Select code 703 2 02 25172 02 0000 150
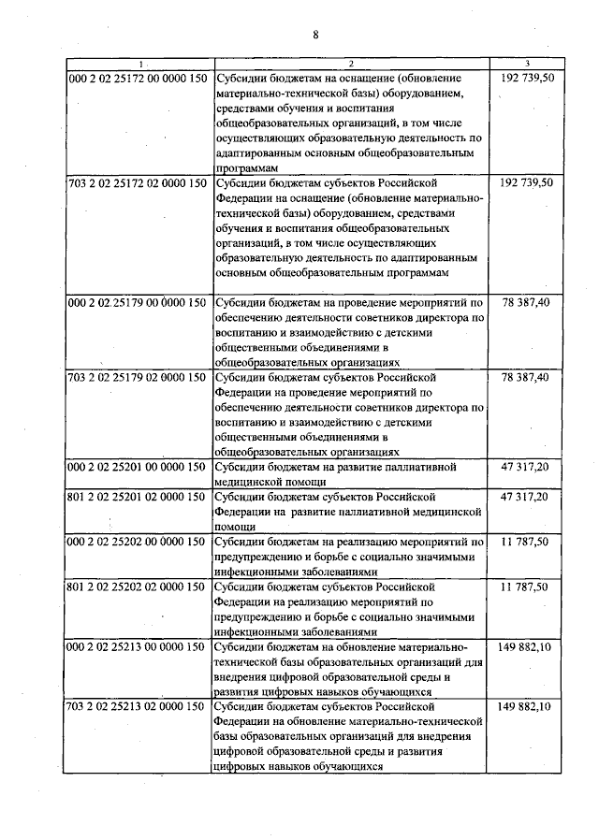click(x=139, y=183)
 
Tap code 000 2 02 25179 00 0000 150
click(x=139, y=302)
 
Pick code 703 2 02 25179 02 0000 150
click(x=139, y=377)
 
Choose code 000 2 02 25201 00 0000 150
click(x=139, y=466)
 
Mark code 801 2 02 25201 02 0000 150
click(x=139, y=496)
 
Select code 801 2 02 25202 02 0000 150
click(x=139, y=587)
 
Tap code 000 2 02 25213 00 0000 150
click(x=139, y=646)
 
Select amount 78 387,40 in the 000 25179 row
click(x=532, y=302)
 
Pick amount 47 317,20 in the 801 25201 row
click(x=532, y=496)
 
